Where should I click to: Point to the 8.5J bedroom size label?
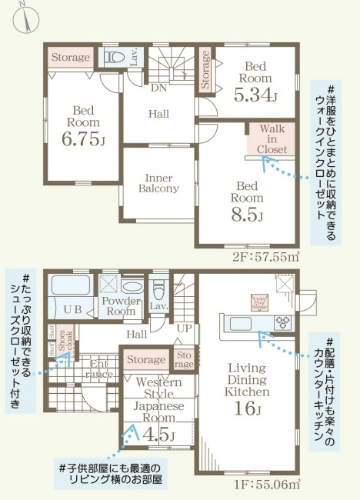point(248,212)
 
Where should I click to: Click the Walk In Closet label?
point(272,138)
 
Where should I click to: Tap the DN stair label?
point(158,88)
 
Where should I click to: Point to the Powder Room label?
point(121,307)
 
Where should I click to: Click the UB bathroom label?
point(72,308)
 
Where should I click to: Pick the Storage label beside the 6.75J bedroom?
point(71,58)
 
